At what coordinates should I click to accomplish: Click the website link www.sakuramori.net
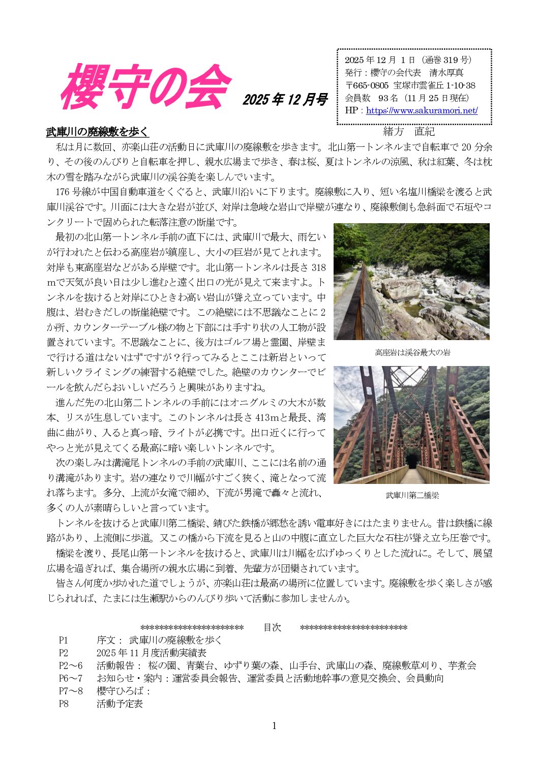[x=422, y=110]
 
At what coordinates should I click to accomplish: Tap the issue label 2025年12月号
[x=284, y=100]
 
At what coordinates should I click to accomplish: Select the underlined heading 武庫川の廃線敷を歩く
[x=97, y=132]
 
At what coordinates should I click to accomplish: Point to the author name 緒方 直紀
[x=409, y=132]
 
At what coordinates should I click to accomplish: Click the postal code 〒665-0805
[x=367, y=85]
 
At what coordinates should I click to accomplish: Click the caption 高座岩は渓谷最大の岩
[x=412, y=352]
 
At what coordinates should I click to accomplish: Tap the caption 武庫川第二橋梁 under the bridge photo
[x=412, y=495]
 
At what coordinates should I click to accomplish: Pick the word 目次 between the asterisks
[x=272, y=627]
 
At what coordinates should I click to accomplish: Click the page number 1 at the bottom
[x=274, y=725]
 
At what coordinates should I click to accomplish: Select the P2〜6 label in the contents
[x=70, y=665]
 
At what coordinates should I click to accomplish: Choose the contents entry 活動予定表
[x=119, y=704]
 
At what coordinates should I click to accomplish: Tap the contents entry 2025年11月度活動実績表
[x=151, y=653]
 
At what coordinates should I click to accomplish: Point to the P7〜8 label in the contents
[x=70, y=691]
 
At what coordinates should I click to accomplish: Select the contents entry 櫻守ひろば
[x=122, y=691]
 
